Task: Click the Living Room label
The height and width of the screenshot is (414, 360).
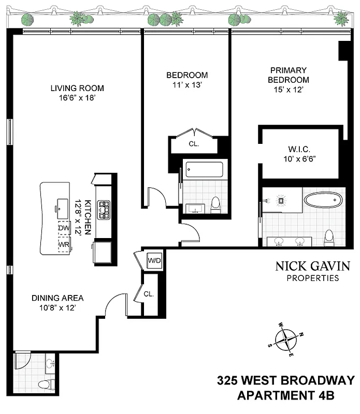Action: click(x=77, y=88)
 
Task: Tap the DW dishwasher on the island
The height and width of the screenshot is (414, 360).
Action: click(x=63, y=228)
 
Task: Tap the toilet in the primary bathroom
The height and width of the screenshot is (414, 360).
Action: click(x=328, y=238)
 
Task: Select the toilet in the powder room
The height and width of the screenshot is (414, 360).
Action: click(x=46, y=385)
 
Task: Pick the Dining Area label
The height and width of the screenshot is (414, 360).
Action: click(x=57, y=298)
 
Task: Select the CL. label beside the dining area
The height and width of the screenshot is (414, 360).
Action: click(x=149, y=294)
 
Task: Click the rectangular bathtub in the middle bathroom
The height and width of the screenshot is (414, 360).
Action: click(x=204, y=169)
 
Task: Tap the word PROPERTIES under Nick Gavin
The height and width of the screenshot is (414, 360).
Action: click(x=313, y=278)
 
